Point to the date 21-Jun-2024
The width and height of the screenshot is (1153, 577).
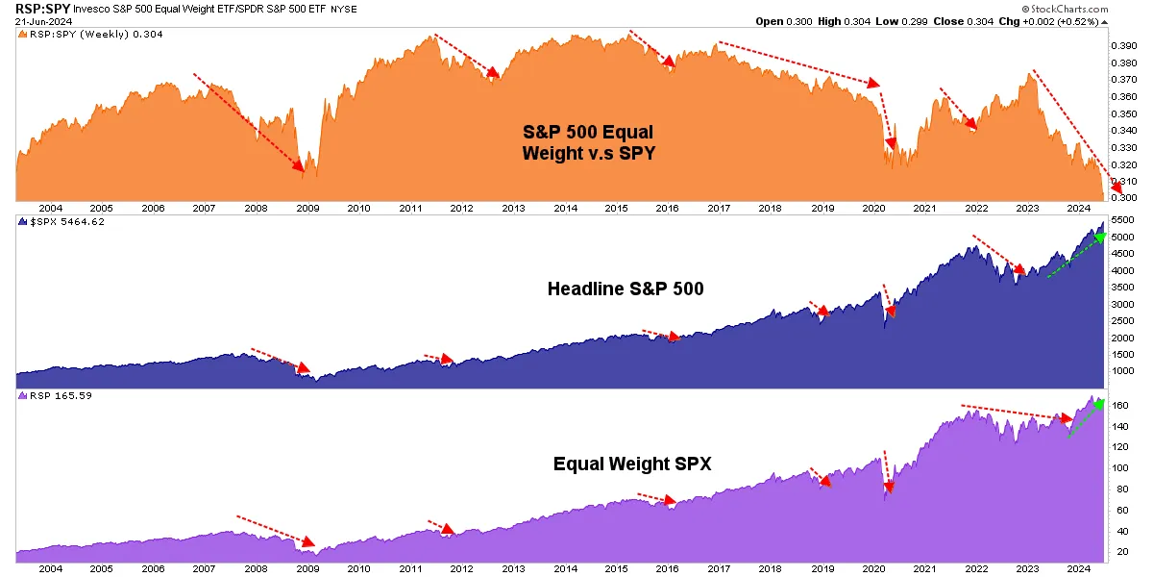[x=35, y=22]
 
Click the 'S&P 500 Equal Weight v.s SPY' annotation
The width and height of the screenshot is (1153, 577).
[x=588, y=141]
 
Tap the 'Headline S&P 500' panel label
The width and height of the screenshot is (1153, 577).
[x=626, y=288]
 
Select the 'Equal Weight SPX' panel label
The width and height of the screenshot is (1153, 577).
[x=632, y=464]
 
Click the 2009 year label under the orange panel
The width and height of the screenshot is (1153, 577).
[x=307, y=207]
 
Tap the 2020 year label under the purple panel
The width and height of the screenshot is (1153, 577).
[x=873, y=569]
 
